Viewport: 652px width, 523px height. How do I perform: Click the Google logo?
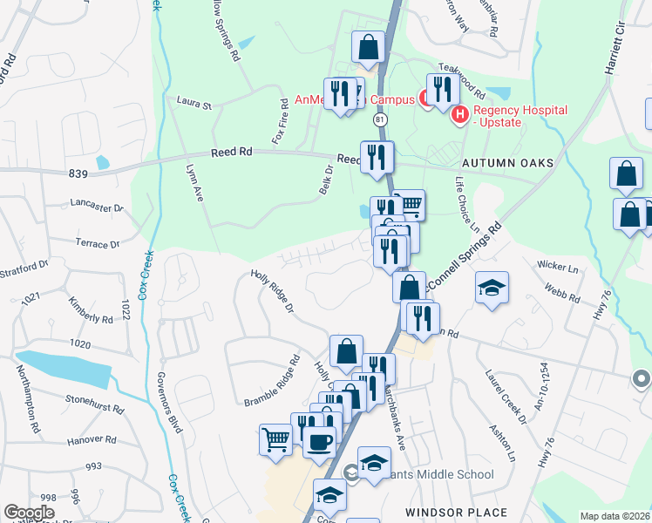pyautogui.click(x=29, y=513)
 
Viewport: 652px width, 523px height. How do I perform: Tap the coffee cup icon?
pyautogui.click(x=319, y=441)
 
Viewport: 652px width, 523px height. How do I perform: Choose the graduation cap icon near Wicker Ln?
pyautogui.click(x=492, y=289)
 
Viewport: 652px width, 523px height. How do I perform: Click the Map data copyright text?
pyautogui.click(x=615, y=516)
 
